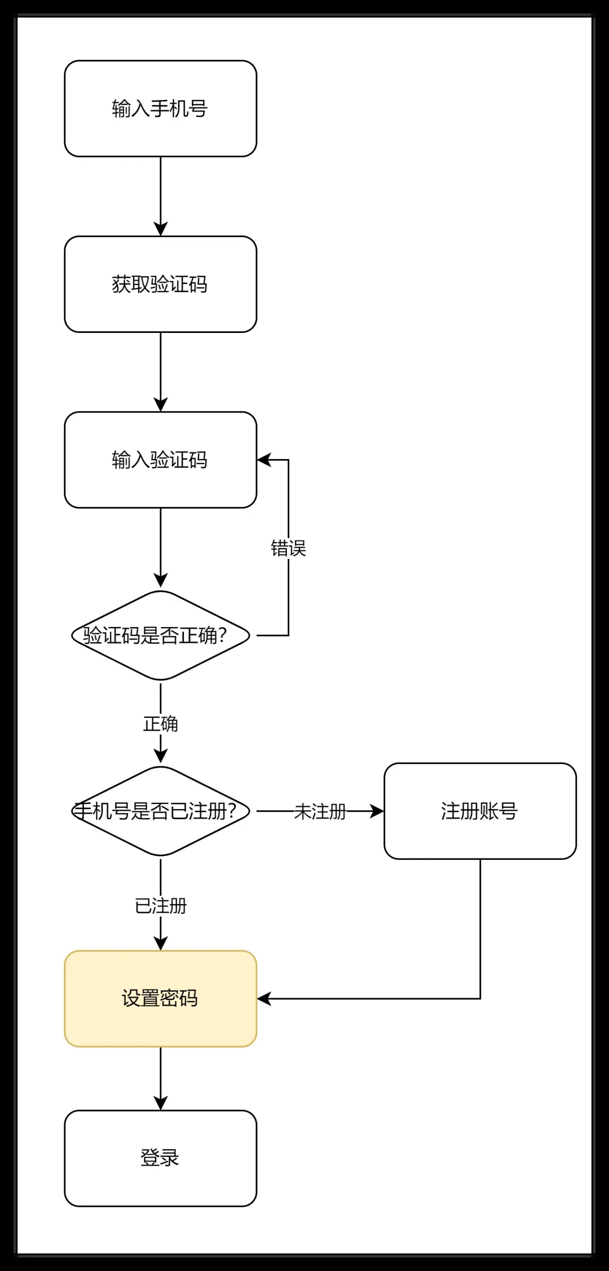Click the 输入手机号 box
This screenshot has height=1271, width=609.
tap(160, 109)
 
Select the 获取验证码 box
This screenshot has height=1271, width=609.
tap(160, 285)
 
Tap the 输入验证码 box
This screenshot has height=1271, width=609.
tap(160, 460)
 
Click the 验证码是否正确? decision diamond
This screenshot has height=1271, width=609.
tap(160, 635)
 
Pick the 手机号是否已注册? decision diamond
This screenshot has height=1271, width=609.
tap(160, 811)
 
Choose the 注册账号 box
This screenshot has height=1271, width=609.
tap(480, 811)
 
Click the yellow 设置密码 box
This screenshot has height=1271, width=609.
tap(160, 998)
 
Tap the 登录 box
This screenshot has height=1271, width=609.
tap(160, 1158)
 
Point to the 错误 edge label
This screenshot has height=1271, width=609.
tap(288, 548)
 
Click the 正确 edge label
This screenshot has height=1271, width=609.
tap(161, 724)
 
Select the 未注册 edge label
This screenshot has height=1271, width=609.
tap(320, 812)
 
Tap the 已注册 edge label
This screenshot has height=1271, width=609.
tap(161, 906)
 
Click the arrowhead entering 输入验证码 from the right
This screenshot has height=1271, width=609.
tap(264, 460)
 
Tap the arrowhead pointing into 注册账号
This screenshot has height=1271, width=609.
tap(377, 811)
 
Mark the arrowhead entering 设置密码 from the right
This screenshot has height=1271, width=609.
tap(264, 998)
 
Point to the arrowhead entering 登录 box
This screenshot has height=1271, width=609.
tap(161, 1103)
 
